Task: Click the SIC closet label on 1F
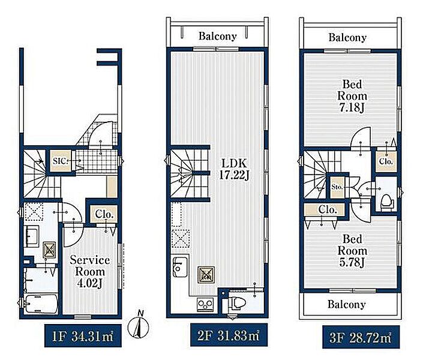tap(61, 161)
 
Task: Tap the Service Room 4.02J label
tap(90, 271)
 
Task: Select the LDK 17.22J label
tap(234, 169)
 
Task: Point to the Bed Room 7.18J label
tap(352, 96)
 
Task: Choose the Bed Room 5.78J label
tap(352, 251)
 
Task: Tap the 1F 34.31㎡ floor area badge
tap(83, 336)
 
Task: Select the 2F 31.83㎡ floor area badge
tap(229, 335)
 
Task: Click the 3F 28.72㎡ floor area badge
tap(361, 337)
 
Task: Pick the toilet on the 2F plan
tap(236, 302)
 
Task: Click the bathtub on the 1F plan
tap(41, 304)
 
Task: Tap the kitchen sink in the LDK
tap(180, 267)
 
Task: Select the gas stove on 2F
tap(206, 305)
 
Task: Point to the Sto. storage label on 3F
tap(337, 187)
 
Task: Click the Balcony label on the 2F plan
tap(217, 36)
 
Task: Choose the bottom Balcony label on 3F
tap(347, 304)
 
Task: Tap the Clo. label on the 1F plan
tap(104, 214)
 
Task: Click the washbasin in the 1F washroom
tap(32, 236)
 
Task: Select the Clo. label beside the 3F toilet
tap(386, 161)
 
